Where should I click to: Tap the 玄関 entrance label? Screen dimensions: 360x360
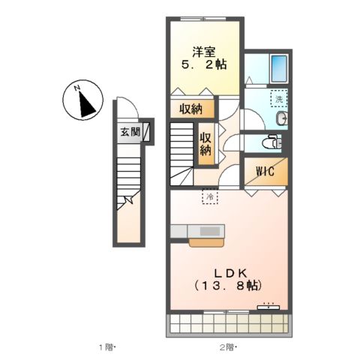click(130, 133)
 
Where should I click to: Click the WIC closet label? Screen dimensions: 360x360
click(264, 172)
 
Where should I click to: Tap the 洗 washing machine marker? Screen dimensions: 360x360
click(278, 98)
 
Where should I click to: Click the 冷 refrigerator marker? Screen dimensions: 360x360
click(210, 196)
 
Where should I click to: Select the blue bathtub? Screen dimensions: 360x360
click(281, 69)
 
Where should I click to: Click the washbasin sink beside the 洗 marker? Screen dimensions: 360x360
click(279, 120)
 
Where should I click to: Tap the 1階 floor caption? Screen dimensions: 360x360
click(106, 346)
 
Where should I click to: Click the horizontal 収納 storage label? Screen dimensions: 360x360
click(191, 109)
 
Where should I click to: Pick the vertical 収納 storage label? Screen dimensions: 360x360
click(205, 142)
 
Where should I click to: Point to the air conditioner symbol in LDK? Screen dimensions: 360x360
click(268, 306)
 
